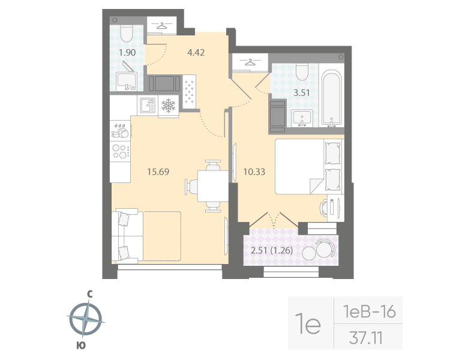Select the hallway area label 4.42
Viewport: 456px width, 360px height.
click(x=196, y=52)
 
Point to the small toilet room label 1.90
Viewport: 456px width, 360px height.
click(x=127, y=52)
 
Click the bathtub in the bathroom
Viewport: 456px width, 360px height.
click(x=332, y=99)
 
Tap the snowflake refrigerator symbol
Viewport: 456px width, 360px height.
click(x=168, y=106)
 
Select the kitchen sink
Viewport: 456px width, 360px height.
click(x=147, y=106)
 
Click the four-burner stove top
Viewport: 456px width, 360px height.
click(x=121, y=150)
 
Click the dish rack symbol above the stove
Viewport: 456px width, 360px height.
click(x=121, y=129)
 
